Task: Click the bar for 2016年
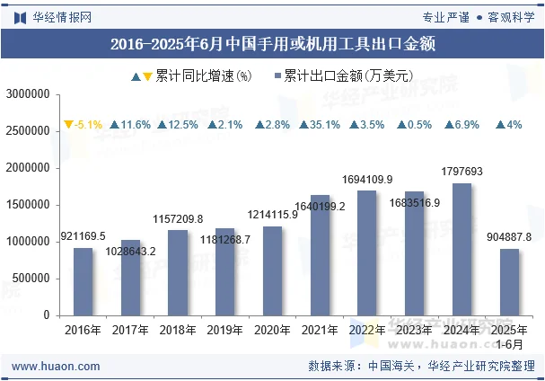(x=84, y=281)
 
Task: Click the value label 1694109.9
(x=367, y=180)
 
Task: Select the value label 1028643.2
(x=131, y=251)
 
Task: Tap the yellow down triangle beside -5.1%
(x=67, y=125)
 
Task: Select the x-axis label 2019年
(x=224, y=331)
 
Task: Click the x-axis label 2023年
(x=414, y=331)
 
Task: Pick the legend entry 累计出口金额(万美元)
(x=340, y=76)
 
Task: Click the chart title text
(x=272, y=44)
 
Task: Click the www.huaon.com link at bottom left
(x=56, y=366)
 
